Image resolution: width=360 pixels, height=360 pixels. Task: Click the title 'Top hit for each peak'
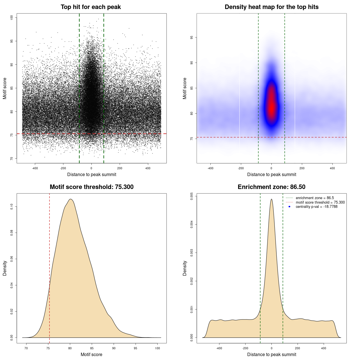pyautogui.click(x=91, y=7)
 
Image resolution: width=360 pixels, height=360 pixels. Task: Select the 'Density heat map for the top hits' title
pyautogui.click(x=271, y=7)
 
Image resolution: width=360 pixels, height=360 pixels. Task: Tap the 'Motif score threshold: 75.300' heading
pyautogui.click(x=91, y=187)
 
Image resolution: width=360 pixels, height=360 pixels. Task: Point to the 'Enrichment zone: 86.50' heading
pyautogui.click(x=271, y=187)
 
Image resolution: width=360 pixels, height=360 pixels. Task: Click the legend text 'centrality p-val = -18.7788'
pyautogui.click(x=316, y=207)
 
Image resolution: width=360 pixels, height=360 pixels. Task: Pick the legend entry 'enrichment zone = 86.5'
pyautogui.click(x=315, y=198)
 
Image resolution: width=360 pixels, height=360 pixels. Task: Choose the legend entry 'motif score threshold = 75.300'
pyautogui.click(x=320, y=202)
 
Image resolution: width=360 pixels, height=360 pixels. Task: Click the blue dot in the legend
pyautogui.click(x=289, y=207)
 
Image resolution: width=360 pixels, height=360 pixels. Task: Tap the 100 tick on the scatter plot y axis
pyautogui.click(x=12, y=17)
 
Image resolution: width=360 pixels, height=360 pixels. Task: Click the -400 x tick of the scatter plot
pyautogui.click(x=35, y=168)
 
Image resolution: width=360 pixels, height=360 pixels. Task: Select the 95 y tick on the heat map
pyautogui.click(x=192, y=37)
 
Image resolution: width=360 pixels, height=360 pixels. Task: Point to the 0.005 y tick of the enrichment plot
pyautogui.click(x=192, y=196)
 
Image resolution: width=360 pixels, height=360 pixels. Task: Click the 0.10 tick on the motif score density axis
pyautogui.click(x=12, y=207)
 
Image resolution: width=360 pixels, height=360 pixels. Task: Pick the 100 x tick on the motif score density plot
pyautogui.click(x=157, y=348)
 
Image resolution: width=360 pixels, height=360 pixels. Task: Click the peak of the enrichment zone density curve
pyautogui.click(x=271, y=199)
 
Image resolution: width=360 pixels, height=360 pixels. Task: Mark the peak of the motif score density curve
pyautogui.click(x=71, y=199)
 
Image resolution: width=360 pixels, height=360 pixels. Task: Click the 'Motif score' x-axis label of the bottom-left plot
pyautogui.click(x=91, y=354)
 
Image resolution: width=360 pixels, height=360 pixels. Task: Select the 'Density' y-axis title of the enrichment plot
pyautogui.click(x=185, y=268)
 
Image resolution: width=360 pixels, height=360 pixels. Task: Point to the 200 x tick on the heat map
pyautogui.click(x=302, y=168)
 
